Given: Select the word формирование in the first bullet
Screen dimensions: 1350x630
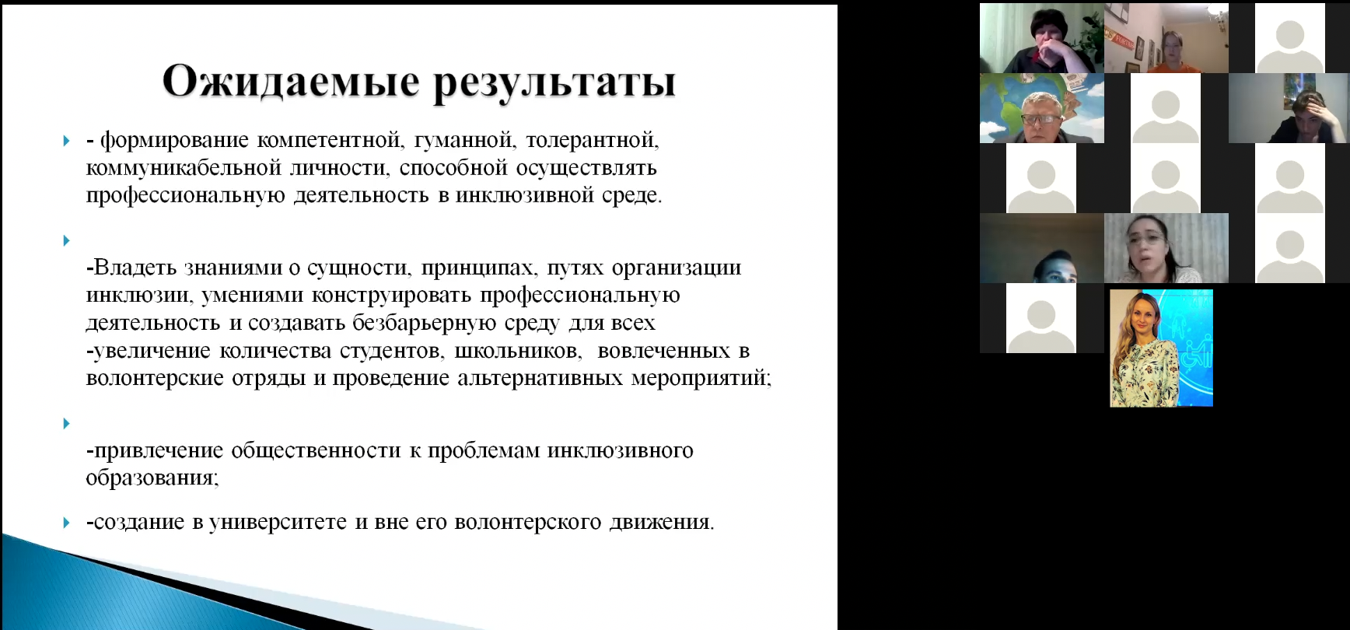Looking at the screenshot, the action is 175,141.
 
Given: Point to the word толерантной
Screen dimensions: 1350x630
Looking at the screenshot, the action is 593,141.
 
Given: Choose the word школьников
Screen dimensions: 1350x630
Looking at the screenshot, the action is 518,351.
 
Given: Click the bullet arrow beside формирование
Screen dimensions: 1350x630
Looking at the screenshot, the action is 67,141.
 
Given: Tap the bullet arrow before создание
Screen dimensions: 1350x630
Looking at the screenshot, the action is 67,523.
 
